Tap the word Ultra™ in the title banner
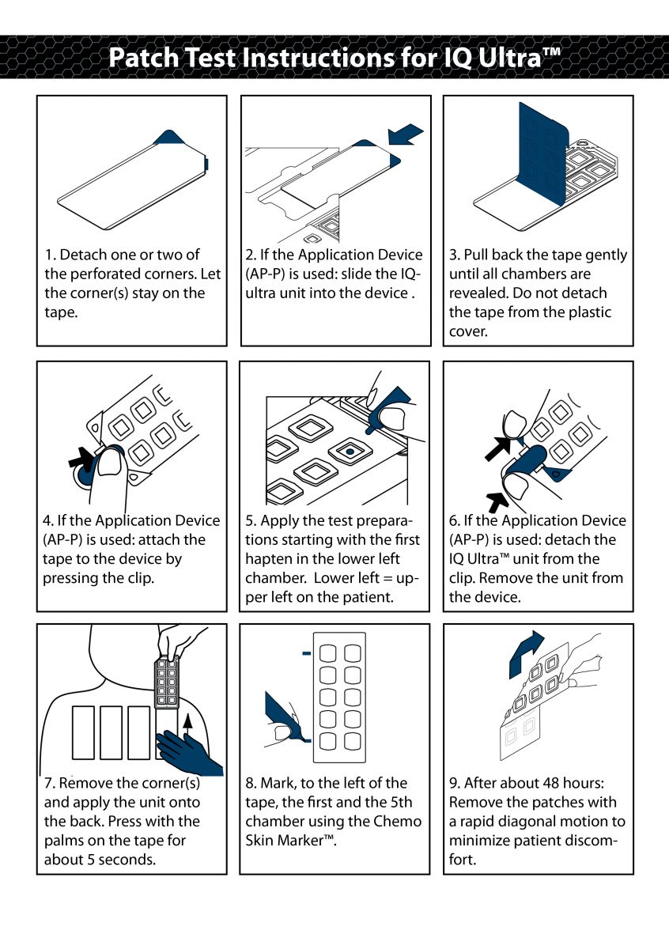[x=520, y=58]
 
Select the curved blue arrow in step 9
[x=523, y=651]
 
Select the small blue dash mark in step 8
[x=305, y=653]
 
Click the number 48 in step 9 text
[x=554, y=783]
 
